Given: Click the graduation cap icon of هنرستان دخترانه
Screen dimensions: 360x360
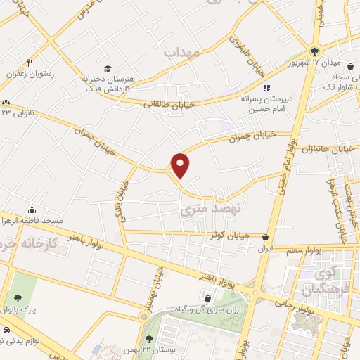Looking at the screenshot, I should pyautogui.click(x=108, y=68).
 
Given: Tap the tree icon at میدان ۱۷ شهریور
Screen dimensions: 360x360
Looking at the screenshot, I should pyautogui.click(x=314, y=51).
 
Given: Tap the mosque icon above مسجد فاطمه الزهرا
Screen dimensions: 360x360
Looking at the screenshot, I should pyautogui.click(x=32, y=210).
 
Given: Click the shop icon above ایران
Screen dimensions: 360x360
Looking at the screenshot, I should pyautogui.click(x=265, y=237).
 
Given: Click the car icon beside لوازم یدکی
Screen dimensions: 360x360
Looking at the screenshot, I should pyautogui.click(x=6, y=330).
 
